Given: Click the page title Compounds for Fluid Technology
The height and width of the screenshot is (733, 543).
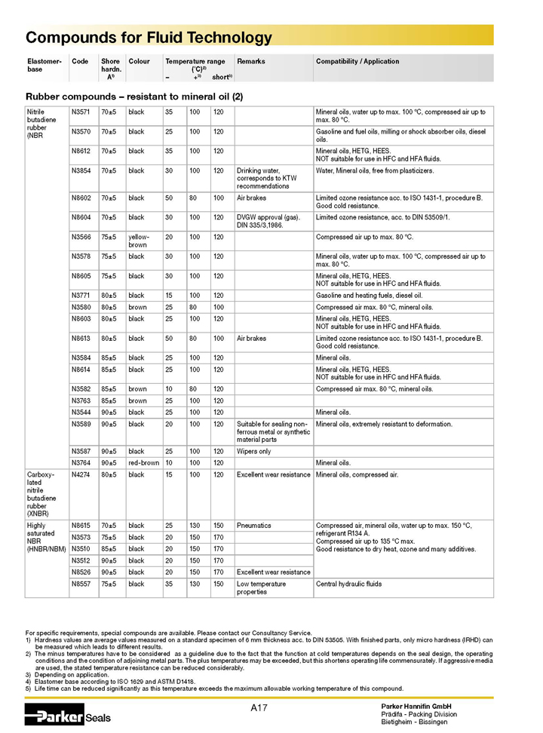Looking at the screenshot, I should click(149, 38).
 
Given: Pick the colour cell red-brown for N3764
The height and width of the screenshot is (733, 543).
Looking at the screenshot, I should click(143, 462).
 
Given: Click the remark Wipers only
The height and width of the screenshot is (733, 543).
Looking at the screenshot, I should click(254, 451).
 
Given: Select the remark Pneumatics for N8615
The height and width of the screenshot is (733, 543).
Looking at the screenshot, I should click(255, 525).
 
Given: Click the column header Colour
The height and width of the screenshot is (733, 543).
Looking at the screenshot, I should click(140, 61).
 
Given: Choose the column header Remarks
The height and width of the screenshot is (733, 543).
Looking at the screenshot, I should click(251, 61).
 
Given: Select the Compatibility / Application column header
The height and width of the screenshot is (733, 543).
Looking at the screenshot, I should click(357, 61).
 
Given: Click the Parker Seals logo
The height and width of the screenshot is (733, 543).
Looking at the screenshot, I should click(68, 716).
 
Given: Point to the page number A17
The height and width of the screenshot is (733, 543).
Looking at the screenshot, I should click(259, 707).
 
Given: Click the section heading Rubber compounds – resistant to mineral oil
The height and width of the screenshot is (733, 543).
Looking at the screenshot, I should click(134, 96).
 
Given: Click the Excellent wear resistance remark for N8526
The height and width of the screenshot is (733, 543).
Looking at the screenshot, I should click(273, 572).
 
